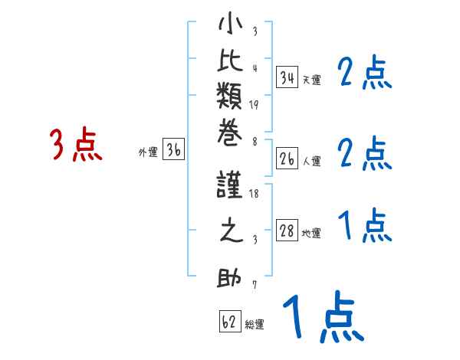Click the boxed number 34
(x=287, y=77)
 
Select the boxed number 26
(x=287, y=159)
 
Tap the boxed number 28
(x=287, y=231)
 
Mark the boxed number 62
(x=229, y=322)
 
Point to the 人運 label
(x=311, y=162)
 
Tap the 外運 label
(x=148, y=152)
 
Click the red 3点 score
(x=76, y=145)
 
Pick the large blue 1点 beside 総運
(x=321, y=316)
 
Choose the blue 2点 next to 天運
(x=365, y=74)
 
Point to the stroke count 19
(x=255, y=105)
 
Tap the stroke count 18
(x=254, y=195)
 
